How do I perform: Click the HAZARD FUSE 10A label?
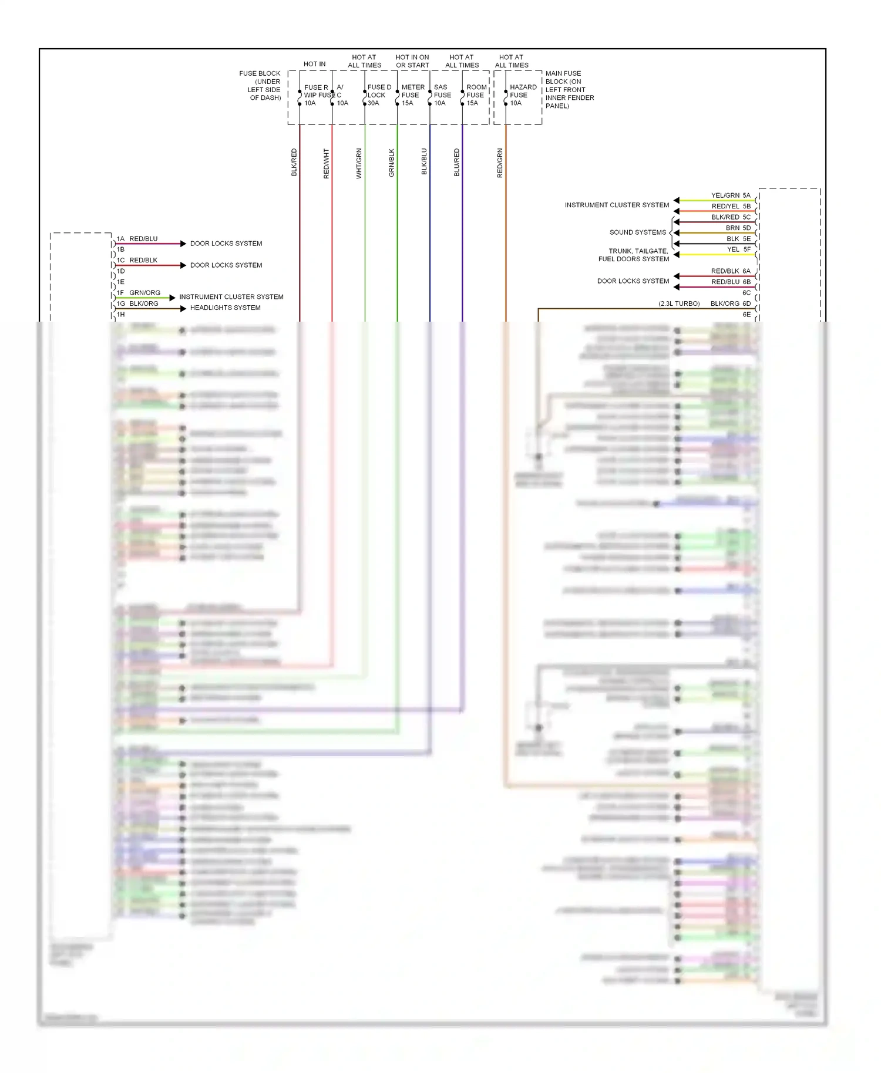point(522,95)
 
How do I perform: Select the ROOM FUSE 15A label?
point(476,95)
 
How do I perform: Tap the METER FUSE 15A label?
point(412,95)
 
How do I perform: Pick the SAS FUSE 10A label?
point(442,95)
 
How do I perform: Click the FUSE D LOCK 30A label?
point(378,95)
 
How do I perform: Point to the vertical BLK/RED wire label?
point(294,162)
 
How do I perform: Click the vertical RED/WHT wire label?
point(327,163)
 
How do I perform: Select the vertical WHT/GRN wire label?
point(359,163)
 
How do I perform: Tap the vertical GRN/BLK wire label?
point(392,163)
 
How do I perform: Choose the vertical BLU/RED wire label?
point(457,163)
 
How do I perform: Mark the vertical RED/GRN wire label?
point(500,163)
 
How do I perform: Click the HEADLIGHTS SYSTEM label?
point(225,308)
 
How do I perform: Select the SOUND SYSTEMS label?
point(638,232)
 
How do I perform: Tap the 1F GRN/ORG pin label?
point(139,293)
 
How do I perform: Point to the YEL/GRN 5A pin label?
point(731,195)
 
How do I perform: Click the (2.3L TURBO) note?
point(679,304)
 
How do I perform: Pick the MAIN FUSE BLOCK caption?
point(569,90)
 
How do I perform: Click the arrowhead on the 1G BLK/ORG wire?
point(183,308)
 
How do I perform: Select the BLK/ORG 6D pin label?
point(730,304)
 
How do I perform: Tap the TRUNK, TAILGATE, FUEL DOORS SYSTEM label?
point(634,255)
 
